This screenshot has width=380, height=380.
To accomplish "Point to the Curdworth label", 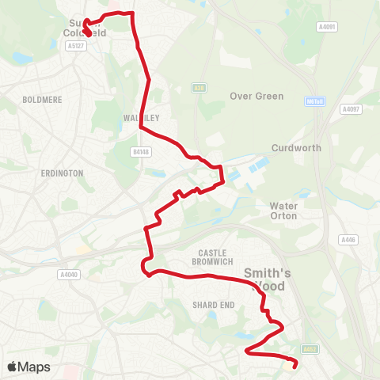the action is coord(293,148).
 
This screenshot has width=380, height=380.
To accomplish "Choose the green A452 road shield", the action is coord(309,348).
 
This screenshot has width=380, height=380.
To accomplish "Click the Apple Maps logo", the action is coord(28,367).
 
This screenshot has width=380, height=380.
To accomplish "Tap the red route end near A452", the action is coord(294,365).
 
